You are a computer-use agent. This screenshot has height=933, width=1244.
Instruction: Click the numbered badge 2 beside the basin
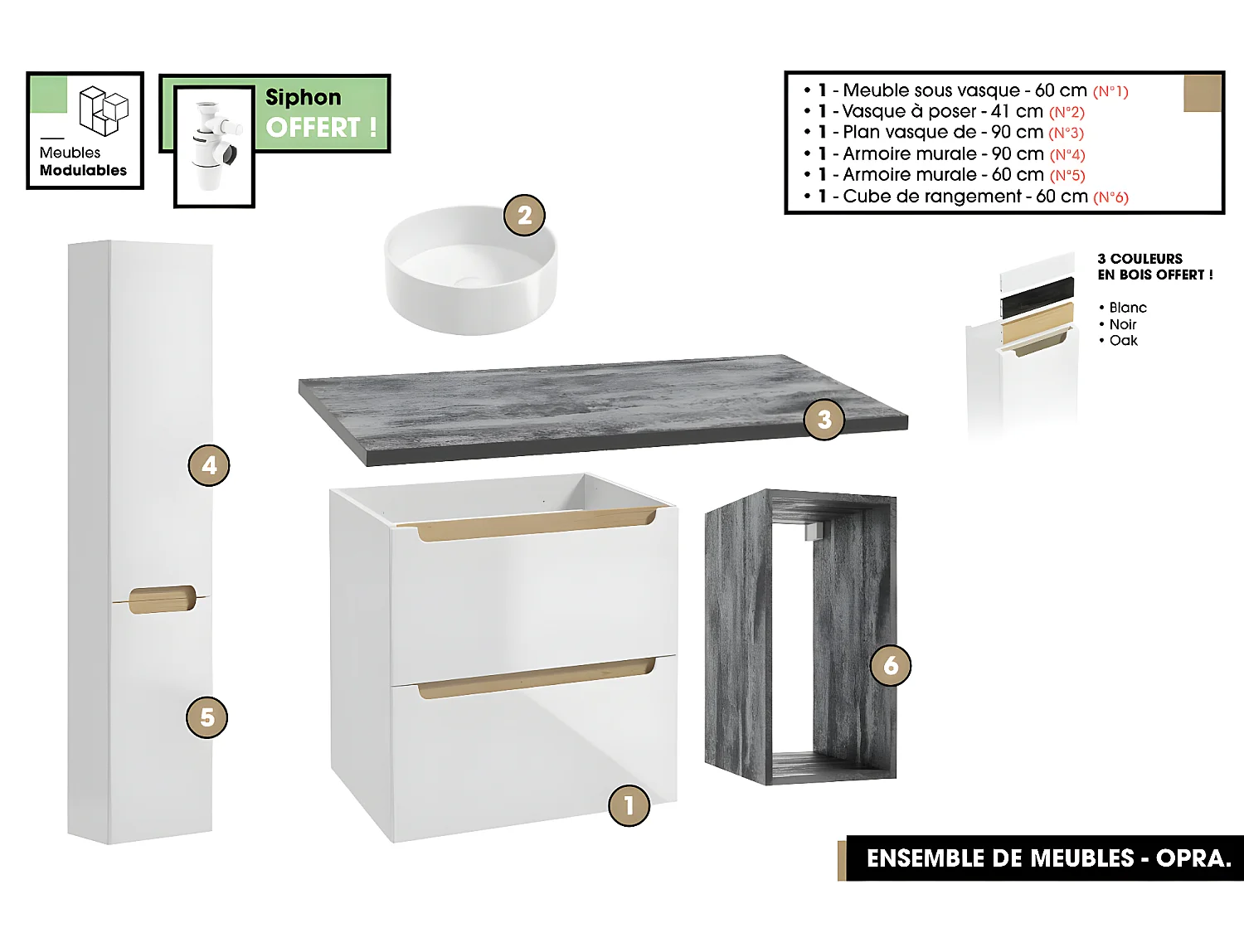[524, 216]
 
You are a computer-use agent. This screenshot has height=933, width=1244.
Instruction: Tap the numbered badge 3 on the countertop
[824, 420]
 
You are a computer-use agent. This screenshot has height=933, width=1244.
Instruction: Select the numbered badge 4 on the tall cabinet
[209, 466]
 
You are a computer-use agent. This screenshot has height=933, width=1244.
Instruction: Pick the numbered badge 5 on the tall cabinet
[207, 717]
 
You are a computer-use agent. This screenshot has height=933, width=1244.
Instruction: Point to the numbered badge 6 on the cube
[891, 665]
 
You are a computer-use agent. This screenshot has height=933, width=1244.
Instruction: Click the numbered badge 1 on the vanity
[629, 805]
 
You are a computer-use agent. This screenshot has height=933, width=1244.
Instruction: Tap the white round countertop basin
[469, 270]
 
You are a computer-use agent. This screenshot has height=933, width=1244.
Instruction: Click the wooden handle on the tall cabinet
[162, 599]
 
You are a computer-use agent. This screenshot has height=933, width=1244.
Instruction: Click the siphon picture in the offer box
[213, 146]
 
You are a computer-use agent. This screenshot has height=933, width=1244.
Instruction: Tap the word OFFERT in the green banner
[313, 128]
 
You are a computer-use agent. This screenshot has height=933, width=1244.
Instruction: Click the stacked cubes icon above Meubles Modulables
[104, 110]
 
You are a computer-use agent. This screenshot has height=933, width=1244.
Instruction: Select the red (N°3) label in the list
[1066, 133]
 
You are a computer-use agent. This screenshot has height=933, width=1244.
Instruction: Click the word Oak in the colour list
[1124, 341]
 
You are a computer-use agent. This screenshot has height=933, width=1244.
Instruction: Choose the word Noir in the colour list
[1123, 324]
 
